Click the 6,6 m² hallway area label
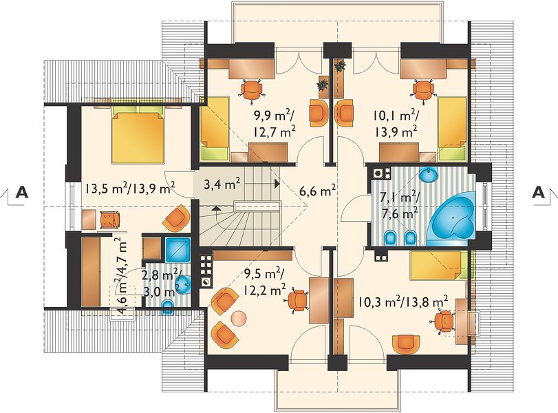[318, 191]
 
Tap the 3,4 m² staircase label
[222, 184]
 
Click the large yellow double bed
[138, 137]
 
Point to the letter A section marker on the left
[22, 192]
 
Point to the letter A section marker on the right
[539, 192]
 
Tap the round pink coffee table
[239, 318]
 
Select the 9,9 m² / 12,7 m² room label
[274, 123]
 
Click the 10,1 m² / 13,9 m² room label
[396, 123]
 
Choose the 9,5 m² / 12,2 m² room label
[264, 282]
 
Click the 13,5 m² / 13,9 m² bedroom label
[130, 187]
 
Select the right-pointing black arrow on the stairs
[276, 184]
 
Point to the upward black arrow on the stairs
[215, 208]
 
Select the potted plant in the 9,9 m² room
[323, 85]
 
